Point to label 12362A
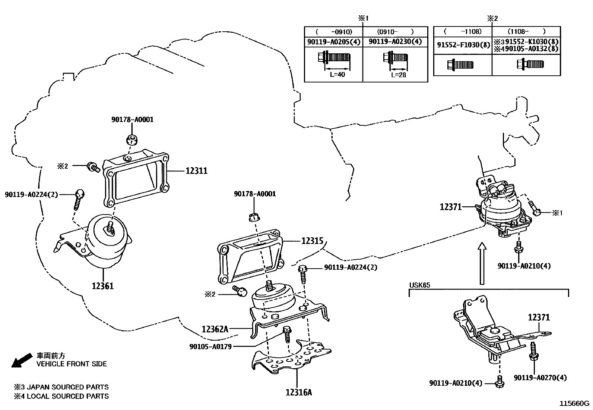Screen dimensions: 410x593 (x=215, y=329)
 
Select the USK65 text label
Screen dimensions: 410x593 (x=419, y=285)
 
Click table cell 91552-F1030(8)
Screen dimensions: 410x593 (x=463, y=45)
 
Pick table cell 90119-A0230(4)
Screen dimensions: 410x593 (x=395, y=42)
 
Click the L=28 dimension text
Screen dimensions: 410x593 (x=399, y=75)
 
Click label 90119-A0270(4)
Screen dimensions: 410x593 (x=540, y=378)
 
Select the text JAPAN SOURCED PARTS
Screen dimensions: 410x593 (x=67, y=387)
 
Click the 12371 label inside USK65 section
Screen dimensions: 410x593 (x=539, y=317)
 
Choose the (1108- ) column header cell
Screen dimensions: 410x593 (x=526, y=32)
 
